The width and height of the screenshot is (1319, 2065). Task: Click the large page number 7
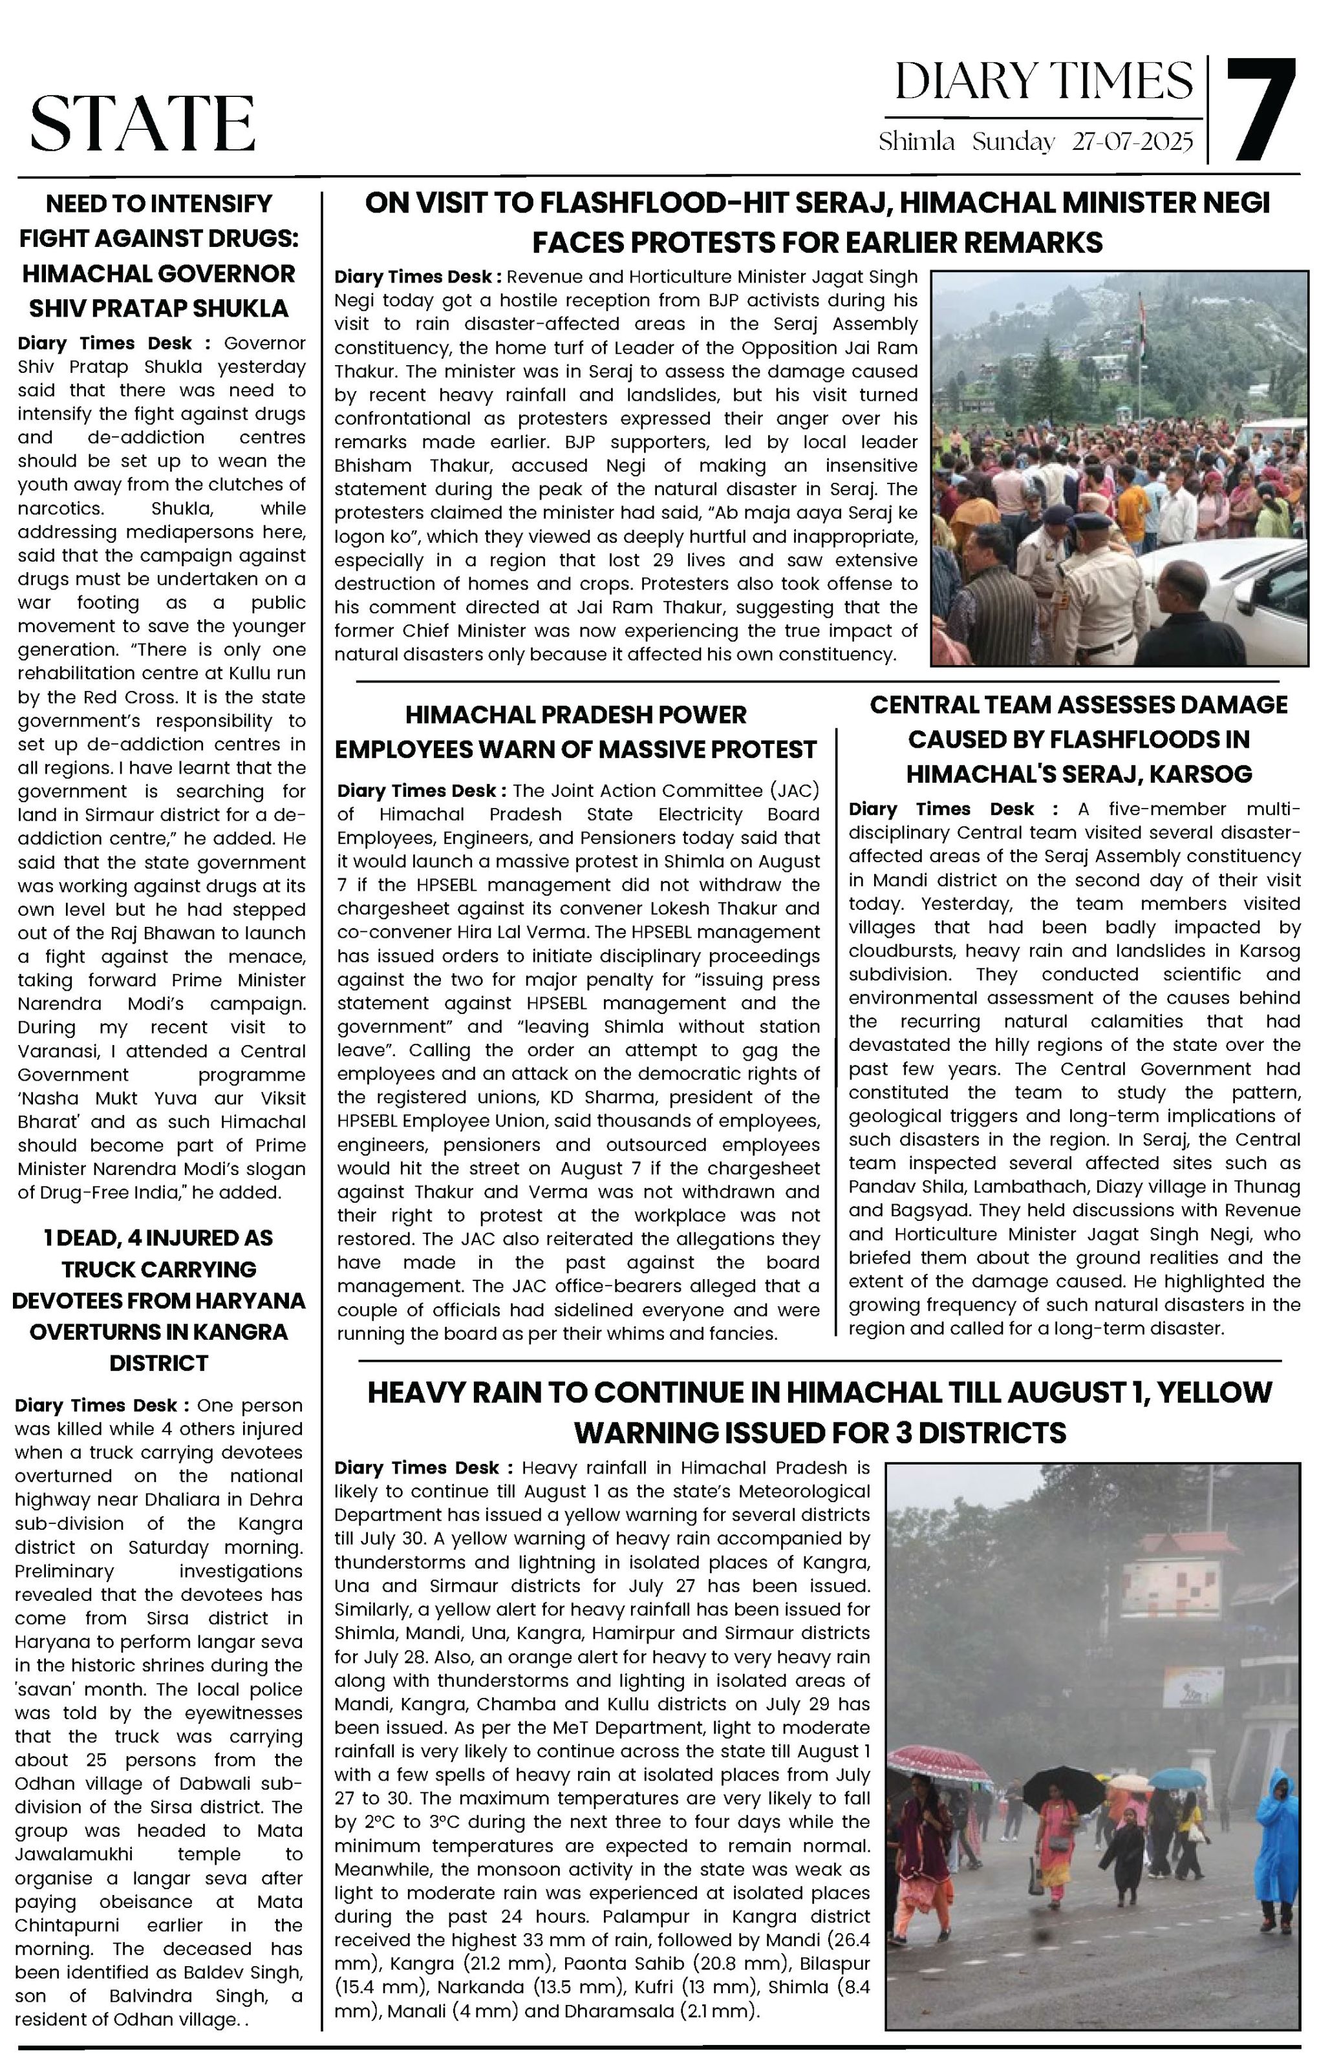pos(1261,110)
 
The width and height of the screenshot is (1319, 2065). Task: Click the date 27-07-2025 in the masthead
pos(1132,142)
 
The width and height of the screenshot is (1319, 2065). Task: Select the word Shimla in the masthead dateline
pos(916,142)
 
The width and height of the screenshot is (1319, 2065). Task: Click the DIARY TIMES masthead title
pos(1043,82)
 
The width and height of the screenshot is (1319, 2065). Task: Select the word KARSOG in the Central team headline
pos(1209,774)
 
